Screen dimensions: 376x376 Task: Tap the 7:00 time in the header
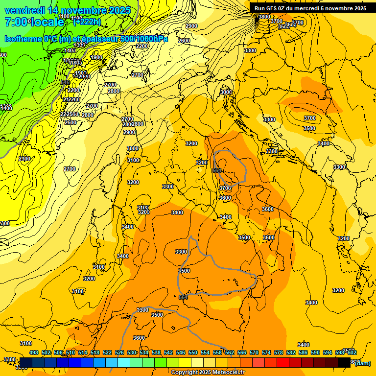point(15,22)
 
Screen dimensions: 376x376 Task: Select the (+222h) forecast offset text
point(87,22)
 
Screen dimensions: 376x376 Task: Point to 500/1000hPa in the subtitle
point(142,39)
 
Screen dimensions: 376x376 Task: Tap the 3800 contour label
point(264,17)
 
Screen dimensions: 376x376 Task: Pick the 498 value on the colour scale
point(34,352)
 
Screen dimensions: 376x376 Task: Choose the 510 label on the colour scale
point(70,352)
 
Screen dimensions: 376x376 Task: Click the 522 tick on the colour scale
point(107,352)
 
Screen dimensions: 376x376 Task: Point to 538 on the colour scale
point(156,352)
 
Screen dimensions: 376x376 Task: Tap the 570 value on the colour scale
point(254,352)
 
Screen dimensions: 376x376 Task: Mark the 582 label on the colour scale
point(291,352)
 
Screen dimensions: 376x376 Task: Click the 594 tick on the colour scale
point(328,352)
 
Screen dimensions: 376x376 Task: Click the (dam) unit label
point(362,363)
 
